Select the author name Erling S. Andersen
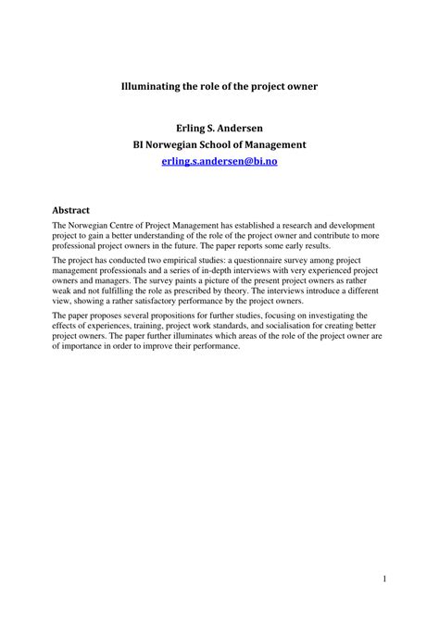tap(219, 128)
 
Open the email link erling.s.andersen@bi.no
tap(219, 161)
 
